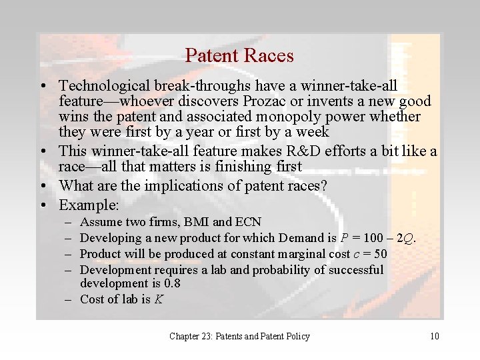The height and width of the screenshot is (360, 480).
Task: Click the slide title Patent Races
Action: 239,55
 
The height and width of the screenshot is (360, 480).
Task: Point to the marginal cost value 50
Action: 379,253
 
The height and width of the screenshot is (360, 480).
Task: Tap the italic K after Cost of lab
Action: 159,299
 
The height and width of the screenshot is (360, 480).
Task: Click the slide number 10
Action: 434,336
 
